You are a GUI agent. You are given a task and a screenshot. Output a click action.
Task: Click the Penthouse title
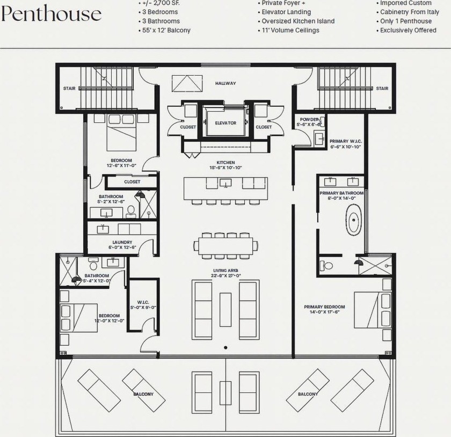tap(51, 14)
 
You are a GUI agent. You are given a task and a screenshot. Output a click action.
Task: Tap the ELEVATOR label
tap(225, 123)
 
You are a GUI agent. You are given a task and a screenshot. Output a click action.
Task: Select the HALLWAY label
tap(225, 83)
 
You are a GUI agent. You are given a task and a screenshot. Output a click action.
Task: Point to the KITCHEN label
tap(225, 162)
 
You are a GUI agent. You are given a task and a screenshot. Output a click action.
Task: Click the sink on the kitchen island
tap(225, 184)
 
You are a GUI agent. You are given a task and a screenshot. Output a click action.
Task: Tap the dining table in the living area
tap(225, 246)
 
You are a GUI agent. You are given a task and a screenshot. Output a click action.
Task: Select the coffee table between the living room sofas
tap(225, 309)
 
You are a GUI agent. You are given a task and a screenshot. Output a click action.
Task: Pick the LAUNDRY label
tap(122, 242)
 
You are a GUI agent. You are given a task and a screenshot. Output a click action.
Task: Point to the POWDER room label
tap(309, 119)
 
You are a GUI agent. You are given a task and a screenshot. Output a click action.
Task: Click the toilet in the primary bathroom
tap(327, 265)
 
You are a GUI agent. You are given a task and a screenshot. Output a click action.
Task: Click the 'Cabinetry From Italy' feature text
tap(409, 12)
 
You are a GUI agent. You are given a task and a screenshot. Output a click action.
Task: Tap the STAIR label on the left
tap(69, 89)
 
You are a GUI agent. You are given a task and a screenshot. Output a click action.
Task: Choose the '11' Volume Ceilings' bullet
tap(290, 30)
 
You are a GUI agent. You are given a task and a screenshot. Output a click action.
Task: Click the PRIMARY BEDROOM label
tap(324, 307)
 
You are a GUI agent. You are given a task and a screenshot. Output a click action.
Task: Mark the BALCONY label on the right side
tap(308, 394)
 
